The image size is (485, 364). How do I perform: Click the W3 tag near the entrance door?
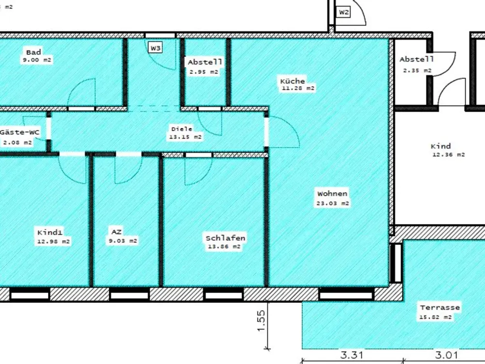pos(155,48)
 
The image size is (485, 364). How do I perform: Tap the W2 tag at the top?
pos(344,12)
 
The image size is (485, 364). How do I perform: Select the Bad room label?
pos(33,52)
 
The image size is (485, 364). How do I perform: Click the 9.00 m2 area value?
pos(37,60)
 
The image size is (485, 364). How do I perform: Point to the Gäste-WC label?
pos(20,132)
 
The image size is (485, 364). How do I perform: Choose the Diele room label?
pos(182,129)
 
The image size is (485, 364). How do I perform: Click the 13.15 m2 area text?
pos(185,137)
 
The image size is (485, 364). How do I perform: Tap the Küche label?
pos(292,81)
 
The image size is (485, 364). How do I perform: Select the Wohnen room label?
pos(332,194)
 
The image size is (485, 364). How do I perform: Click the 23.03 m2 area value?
pos(333,203)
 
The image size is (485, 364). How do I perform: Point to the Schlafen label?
pos(226,238)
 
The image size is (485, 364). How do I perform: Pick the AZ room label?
pos(116,232)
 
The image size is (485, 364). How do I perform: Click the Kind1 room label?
pos(50,233)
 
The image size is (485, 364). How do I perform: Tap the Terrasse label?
pos(440,308)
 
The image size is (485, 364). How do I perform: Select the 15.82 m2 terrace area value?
pos(436,317)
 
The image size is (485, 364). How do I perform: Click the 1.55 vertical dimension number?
pos(261,321)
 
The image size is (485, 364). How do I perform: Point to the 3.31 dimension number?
pos(352,355)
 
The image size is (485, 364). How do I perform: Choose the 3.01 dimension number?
pos(446,355)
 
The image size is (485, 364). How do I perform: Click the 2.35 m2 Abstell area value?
pos(417,70)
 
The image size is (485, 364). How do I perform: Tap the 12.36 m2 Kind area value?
pos(449,155)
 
